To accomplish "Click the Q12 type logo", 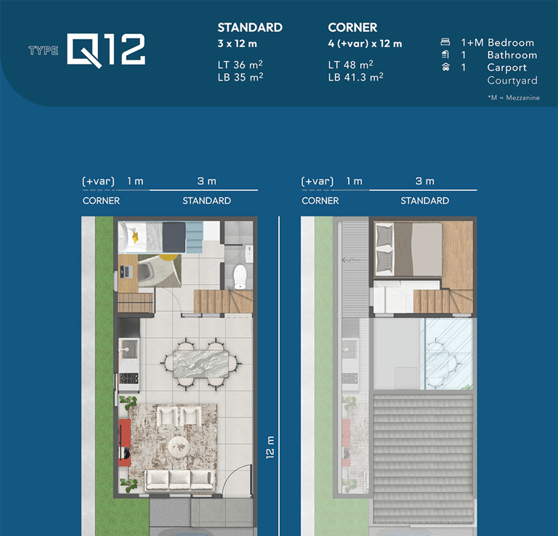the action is (x=106, y=50).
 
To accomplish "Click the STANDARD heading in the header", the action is (x=250, y=28).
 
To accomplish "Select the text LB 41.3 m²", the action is (x=355, y=77).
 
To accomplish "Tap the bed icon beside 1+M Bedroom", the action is (x=445, y=42).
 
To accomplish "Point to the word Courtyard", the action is (x=512, y=81).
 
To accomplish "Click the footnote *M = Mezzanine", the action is (x=514, y=97).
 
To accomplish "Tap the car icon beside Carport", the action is (x=445, y=67).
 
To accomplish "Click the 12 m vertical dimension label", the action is (x=270, y=447).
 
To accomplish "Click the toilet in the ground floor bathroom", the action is (x=240, y=277).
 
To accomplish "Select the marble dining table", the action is (x=201, y=364).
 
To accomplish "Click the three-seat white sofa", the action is (x=179, y=481).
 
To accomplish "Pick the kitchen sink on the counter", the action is (x=129, y=349).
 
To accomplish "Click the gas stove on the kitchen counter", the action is (x=129, y=378).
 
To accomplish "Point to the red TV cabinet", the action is (x=124, y=442).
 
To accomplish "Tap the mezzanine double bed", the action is (x=409, y=249).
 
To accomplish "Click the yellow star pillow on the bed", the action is (x=135, y=237).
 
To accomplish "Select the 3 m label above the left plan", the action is (x=207, y=181).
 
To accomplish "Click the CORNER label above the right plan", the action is (x=320, y=200).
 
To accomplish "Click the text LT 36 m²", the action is (x=240, y=65).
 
